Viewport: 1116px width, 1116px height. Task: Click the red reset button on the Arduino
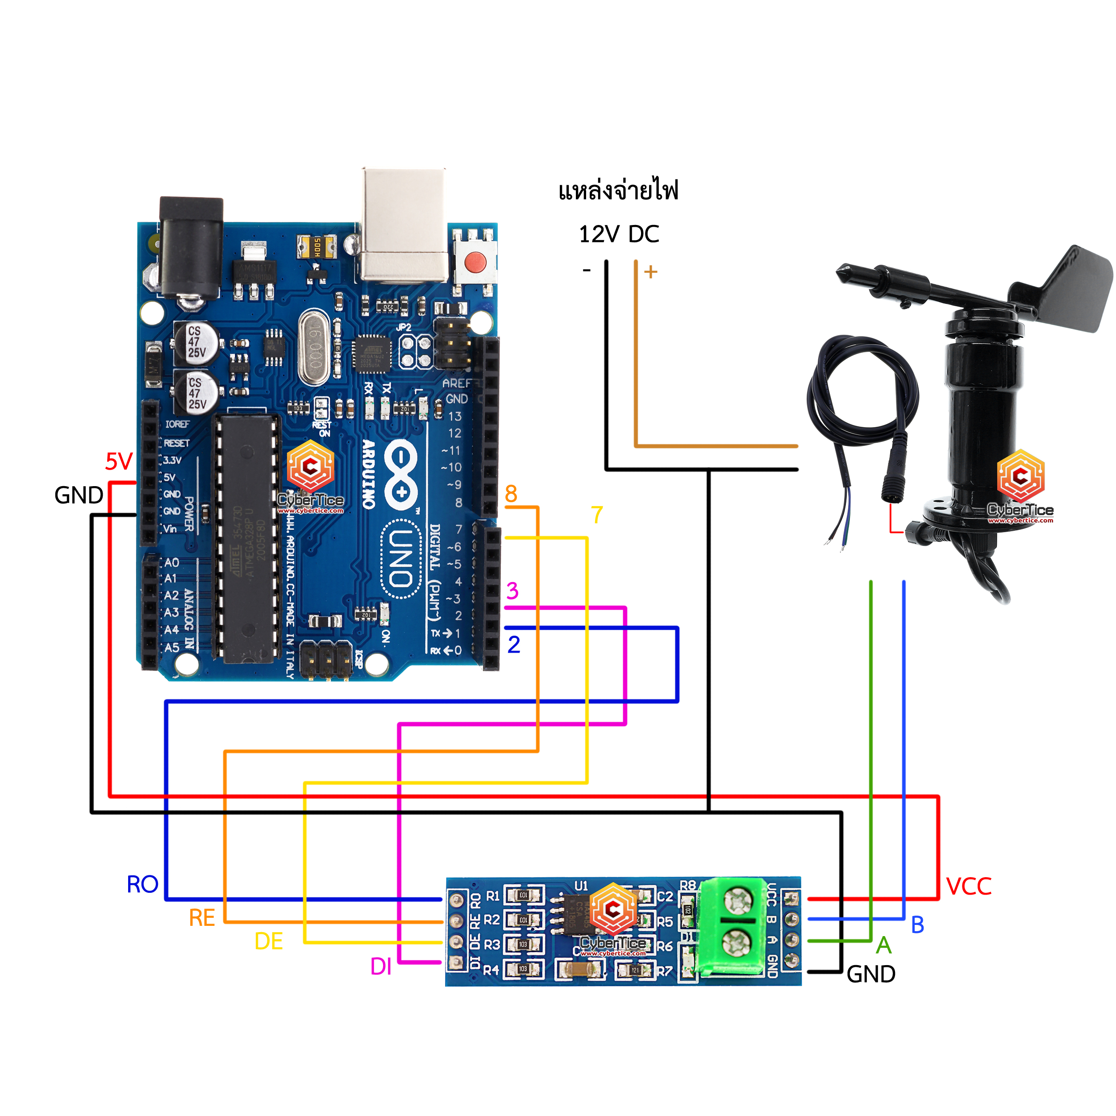(x=475, y=263)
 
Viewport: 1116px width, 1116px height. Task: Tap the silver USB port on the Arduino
(x=404, y=225)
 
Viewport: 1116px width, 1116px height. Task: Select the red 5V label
(x=119, y=462)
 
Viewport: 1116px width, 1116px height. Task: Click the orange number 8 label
(x=511, y=494)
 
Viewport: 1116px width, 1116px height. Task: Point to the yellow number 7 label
(x=597, y=515)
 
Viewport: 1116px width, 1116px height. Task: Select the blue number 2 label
(x=513, y=645)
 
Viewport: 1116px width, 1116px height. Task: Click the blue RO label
(x=142, y=885)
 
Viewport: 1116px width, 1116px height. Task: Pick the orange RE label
(x=202, y=918)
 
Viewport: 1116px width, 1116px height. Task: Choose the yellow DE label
(x=269, y=941)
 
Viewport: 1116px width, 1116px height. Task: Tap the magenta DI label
(x=381, y=966)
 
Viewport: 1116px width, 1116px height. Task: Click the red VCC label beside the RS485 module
(x=969, y=887)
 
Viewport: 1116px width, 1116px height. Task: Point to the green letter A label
(x=884, y=945)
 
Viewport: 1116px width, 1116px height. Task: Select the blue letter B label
(x=918, y=925)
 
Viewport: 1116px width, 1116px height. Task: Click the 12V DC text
(x=619, y=234)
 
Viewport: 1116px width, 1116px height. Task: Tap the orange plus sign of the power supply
(x=651, y=271)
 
